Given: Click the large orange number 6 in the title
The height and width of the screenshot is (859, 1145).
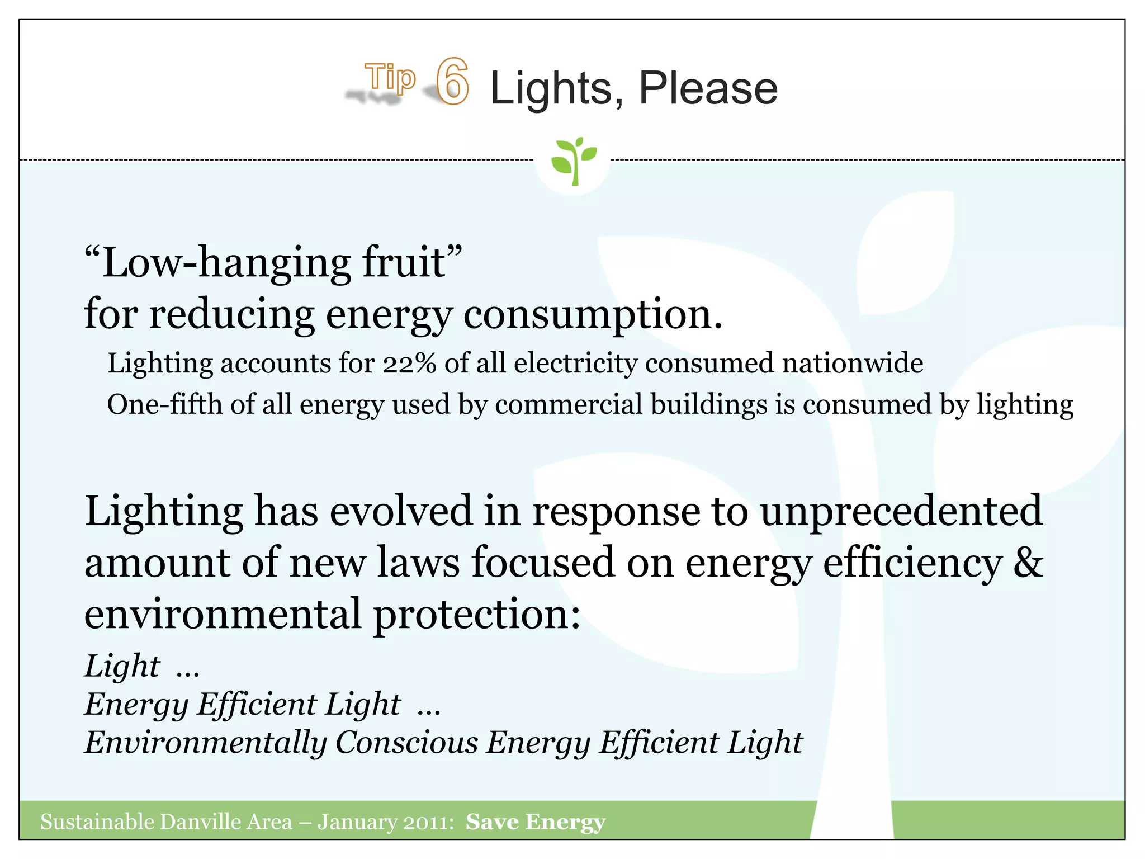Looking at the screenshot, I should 452,82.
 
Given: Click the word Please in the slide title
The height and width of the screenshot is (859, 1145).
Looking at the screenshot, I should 708,88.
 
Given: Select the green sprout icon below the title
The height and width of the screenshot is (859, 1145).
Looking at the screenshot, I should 572,160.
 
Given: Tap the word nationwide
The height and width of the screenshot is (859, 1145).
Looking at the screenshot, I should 852,364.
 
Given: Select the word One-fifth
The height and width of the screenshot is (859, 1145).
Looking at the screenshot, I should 164,404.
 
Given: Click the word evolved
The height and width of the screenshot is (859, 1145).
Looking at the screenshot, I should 401,511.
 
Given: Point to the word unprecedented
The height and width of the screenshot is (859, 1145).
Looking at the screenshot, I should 901,511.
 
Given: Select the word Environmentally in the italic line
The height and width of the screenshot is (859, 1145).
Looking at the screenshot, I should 205,743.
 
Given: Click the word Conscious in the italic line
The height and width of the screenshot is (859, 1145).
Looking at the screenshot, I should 406,742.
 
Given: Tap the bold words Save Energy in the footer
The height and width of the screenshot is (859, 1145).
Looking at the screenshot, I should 536,822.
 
